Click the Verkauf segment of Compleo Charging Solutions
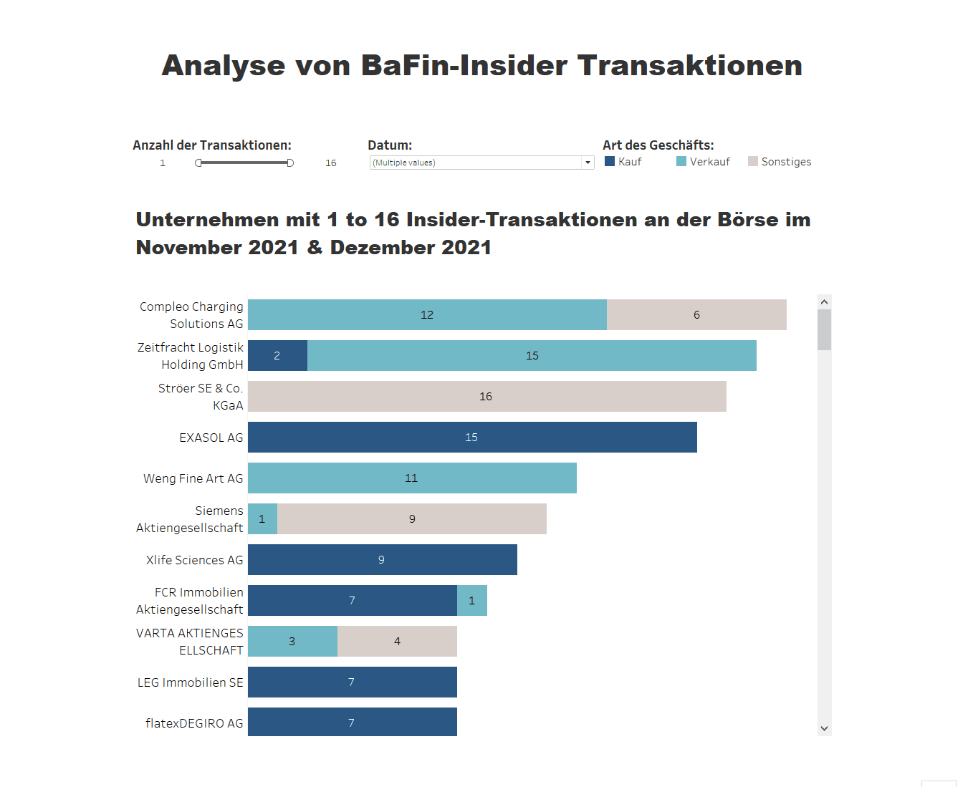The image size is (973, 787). click(x=427, y=315)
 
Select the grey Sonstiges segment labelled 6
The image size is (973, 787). click(x=696, y=315)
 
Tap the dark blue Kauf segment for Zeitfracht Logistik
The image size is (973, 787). click(x=277, y=356)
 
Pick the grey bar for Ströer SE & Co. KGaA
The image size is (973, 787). click(x=486, y=397)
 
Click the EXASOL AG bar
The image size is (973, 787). click(x=472, y=438)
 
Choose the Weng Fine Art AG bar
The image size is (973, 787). click(x=412, y=478)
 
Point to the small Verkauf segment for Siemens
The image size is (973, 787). click(x=262, y=519)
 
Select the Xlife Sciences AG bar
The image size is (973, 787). click(x=382, y=560)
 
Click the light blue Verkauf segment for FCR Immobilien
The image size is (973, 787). click(x=472, y=601)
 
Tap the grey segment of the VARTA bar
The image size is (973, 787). click(x=397, y=642)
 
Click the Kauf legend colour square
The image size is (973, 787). click(x=610, y=162)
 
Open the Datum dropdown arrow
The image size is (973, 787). click(x=588, y=163)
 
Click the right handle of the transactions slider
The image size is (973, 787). click(x=290, y=163)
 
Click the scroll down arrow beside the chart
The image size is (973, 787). click(x=824, y=728)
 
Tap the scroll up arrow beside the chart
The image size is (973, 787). click(x=824, y=302)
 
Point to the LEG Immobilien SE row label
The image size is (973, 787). click(x=191, y=682)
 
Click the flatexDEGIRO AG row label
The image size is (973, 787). click(x=194, y=723)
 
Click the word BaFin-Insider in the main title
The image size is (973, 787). click(x=464, y=66)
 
